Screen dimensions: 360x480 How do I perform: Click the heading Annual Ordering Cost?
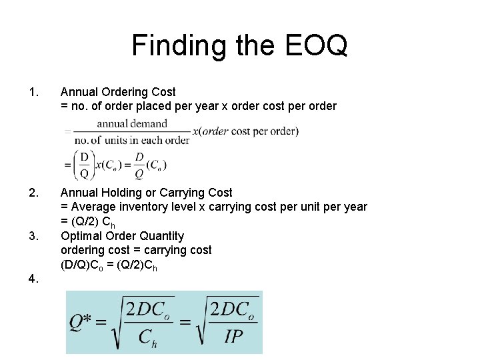click(118, 92)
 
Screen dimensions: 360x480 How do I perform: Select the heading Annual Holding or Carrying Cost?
click(147, 193)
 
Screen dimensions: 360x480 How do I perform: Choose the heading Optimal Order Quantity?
click(122, 235)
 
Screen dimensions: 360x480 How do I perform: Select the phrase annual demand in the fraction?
click(132, 123)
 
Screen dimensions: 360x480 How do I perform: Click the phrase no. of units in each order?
click(132, 140)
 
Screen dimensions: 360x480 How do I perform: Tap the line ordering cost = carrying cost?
click(136, 250)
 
